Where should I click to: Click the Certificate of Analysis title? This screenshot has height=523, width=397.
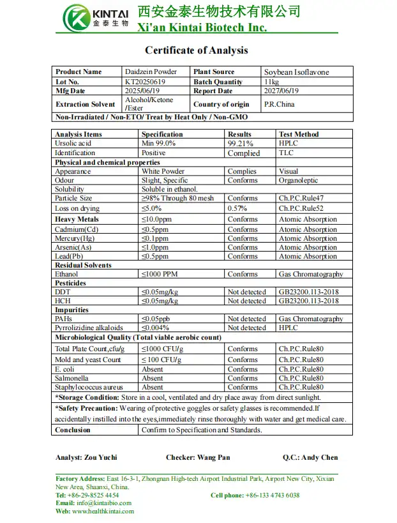[196, 50]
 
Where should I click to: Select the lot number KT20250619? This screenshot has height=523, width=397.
[146, 82]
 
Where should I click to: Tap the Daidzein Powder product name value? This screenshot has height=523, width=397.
[151, 72]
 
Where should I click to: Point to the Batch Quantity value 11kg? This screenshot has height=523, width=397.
[271, 82]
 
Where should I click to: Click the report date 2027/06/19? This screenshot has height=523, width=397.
[281, 91]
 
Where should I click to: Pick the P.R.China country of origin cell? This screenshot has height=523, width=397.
[279, 104]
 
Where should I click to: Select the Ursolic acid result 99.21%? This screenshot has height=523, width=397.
[240, 144]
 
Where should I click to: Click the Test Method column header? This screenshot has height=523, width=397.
[299, 134]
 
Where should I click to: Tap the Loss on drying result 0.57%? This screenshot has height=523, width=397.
[238, 208]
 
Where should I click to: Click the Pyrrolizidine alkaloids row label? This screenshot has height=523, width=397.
[89, 328]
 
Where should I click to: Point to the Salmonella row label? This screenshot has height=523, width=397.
[72, 378]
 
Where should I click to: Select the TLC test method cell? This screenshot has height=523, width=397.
[286, 153]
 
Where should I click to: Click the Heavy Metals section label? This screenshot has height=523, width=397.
[77, 220]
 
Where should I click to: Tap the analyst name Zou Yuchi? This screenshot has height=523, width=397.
[101, 457]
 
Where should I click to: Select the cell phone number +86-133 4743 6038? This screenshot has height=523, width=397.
[273, 495]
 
